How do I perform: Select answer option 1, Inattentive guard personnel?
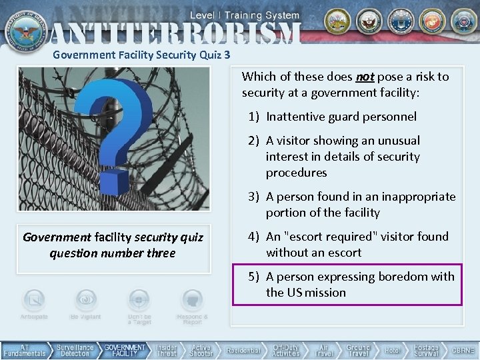point(341,117)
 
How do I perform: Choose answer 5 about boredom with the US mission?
point(359,285)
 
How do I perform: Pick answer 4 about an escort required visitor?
point(357,245)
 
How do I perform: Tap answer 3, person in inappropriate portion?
point(360,205)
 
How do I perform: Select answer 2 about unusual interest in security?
point(343,157)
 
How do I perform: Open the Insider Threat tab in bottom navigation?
point(167,351)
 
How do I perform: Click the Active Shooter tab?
point(201,351)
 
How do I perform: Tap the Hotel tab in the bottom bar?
point(392,351)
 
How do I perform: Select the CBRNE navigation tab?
point(463,351)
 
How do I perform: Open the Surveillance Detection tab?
point(75,351)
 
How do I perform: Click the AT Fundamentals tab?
point(24,351)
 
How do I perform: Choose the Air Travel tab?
point(323,351)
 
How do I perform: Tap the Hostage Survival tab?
point(426,351)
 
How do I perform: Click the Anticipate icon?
point(33,301)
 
